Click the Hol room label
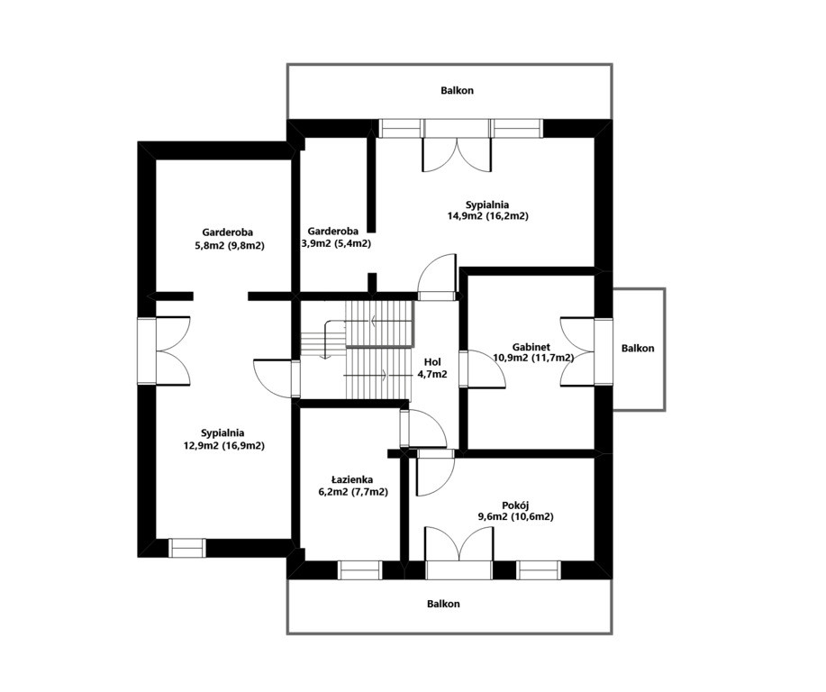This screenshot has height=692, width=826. [432, 362]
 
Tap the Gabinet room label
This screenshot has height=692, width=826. [531, 347]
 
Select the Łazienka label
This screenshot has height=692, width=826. [352, 479]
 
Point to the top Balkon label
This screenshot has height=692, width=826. [458, 90]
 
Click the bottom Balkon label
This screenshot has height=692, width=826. [443, 604]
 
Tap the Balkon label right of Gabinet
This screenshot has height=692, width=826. [638, 349]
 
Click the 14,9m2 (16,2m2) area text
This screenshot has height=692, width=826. [488, 216]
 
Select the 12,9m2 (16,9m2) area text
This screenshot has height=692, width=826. [224, 446]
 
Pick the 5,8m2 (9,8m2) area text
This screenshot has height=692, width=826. [230, 245]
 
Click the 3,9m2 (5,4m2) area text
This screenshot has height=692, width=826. [336, 243]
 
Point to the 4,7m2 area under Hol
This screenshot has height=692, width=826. [432, 375]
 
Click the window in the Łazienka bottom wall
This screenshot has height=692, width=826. [359, 570]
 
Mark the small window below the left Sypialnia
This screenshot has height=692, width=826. [187, 548]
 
